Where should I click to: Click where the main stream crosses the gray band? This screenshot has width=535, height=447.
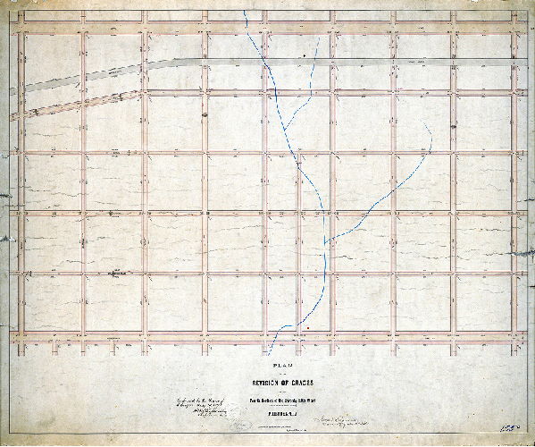click(x=260, y=60)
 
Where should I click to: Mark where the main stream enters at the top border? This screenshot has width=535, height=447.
click(x=246, y=11)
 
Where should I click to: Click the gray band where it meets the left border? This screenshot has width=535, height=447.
click(x=21, y=87)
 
